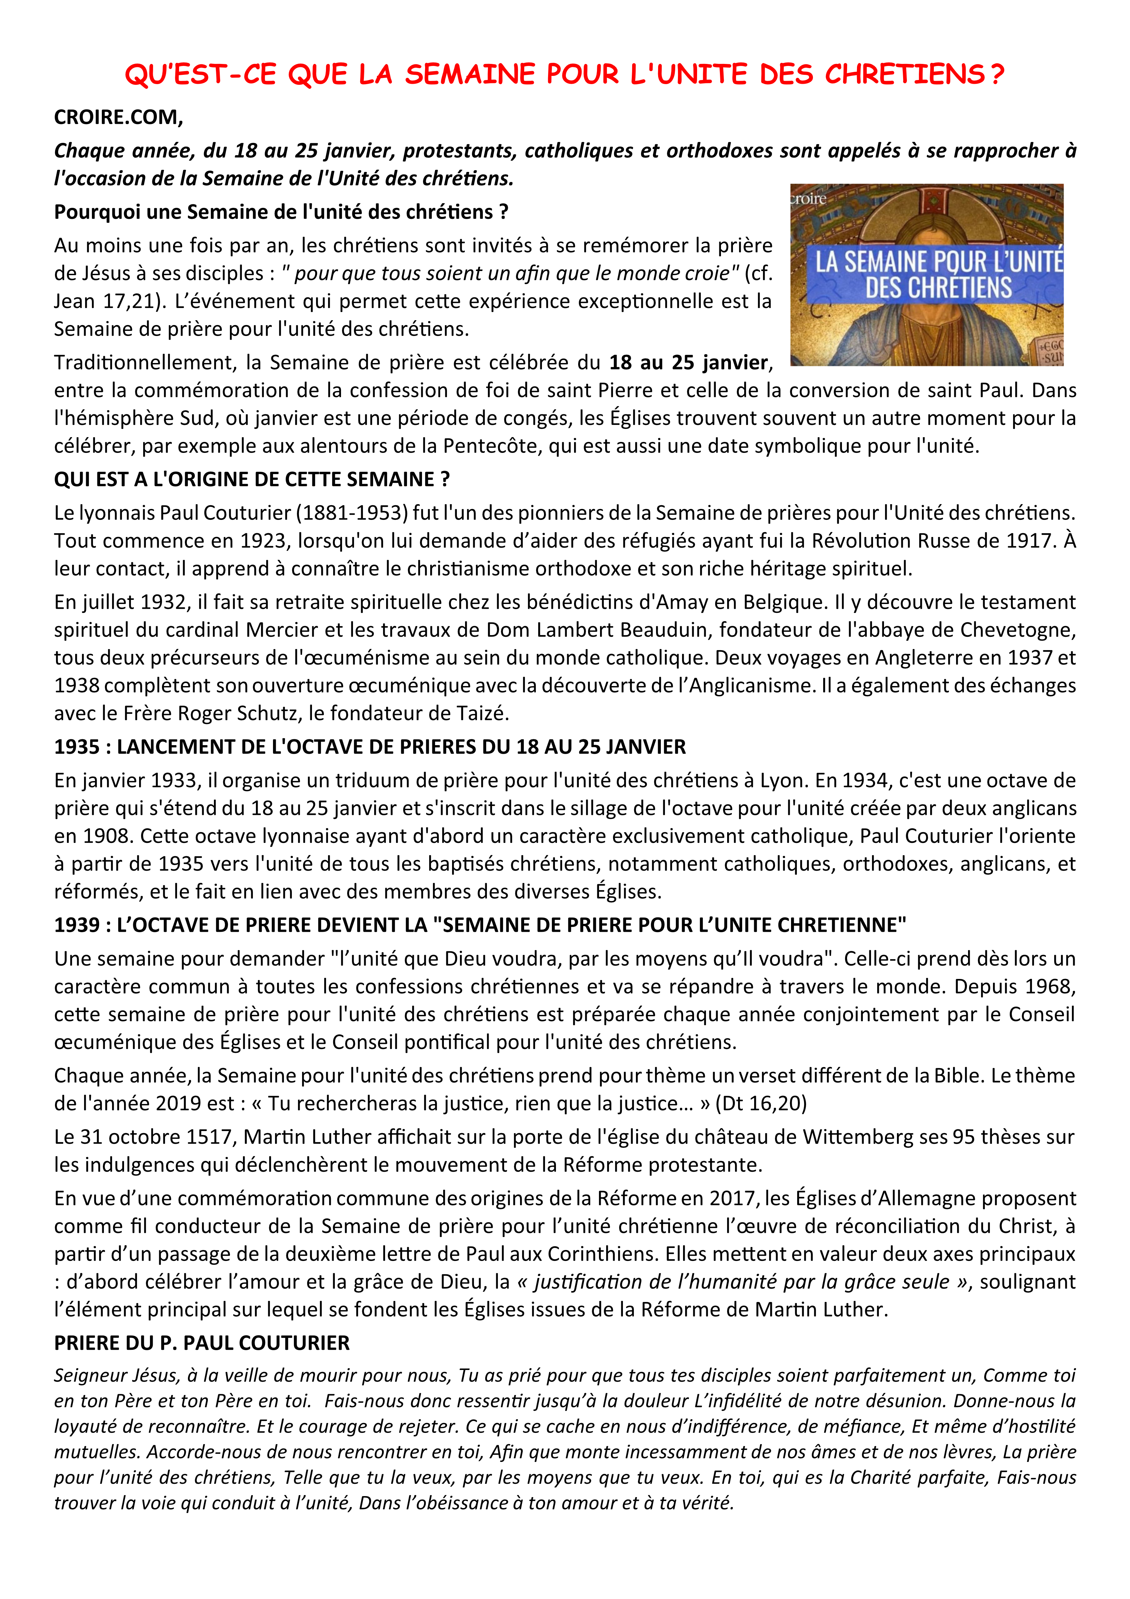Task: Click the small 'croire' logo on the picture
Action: (x=809, y=199)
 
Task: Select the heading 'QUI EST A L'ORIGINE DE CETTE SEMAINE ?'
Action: (x=252, y=479)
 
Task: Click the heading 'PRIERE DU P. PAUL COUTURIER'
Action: (x=202, y=1343)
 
